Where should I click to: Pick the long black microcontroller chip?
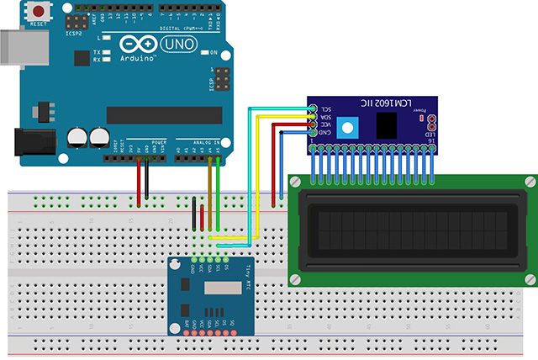tap(163, 114)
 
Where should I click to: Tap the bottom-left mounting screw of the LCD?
tap(296, 278)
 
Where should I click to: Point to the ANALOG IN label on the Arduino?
tap(206, 140)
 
